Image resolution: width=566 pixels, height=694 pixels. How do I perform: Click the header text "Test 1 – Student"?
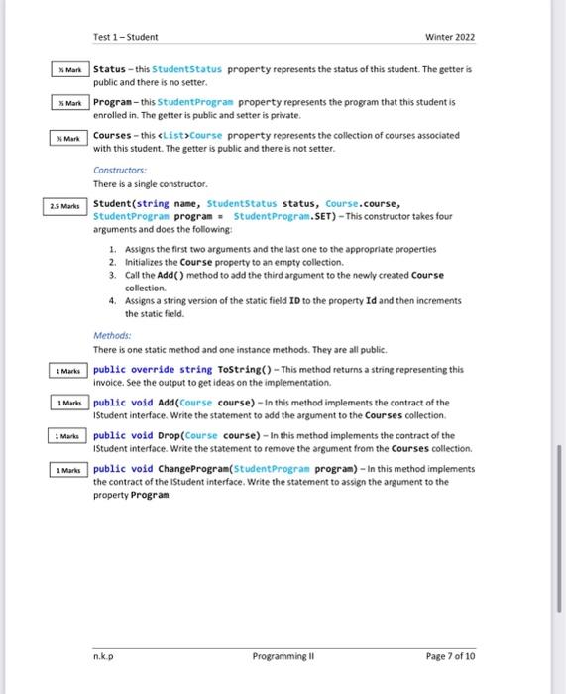[125, 37]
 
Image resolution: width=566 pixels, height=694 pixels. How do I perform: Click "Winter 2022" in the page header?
[450, 37]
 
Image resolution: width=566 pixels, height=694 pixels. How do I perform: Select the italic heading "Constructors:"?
[119, 171]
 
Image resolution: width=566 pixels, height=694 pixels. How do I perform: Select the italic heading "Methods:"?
[111, 336]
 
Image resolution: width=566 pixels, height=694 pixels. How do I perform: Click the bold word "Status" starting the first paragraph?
[108, 70]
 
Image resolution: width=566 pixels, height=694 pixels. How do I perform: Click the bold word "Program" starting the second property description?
[113, 102]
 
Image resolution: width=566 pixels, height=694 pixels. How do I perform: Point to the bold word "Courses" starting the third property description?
[113, 135]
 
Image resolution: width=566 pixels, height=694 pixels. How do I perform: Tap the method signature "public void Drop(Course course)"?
[174, 435]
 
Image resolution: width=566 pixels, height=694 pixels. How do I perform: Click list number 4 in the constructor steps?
[113, 300]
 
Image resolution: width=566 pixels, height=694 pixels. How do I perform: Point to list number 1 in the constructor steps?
[113, 249]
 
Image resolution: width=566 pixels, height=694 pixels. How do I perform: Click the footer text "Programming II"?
[283, 655]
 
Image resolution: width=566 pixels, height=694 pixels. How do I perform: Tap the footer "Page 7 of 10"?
[450, 655]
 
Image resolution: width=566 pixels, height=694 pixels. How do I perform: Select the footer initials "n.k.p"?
[103, 655]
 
